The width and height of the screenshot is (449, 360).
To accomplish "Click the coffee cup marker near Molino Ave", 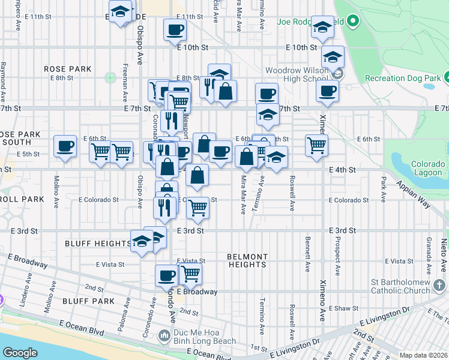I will pos(65,146).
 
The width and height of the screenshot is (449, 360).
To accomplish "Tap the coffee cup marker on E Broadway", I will pos(167,275).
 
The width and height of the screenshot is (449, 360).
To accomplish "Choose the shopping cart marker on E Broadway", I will pos(190,274).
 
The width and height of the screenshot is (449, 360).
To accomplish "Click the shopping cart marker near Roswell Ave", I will pos(316,145).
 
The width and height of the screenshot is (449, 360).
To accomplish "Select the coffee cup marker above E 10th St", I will pos(175,29).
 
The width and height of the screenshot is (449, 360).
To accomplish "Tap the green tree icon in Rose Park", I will pos(109,77).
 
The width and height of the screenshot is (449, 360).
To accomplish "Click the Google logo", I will pos(19,353).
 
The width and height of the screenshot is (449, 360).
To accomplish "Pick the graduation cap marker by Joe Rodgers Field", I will pos(322,26).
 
